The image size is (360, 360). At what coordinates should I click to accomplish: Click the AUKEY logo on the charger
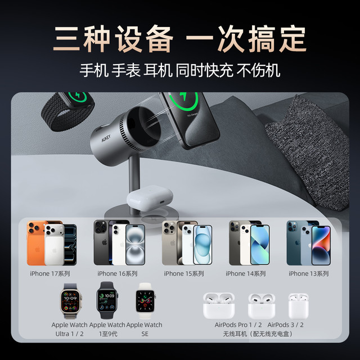tap(106, 138)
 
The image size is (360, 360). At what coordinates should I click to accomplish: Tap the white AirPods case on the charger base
tap(150, 198)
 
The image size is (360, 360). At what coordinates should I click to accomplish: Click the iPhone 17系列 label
tap(50, 273)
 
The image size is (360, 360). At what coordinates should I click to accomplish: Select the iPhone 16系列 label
tap(118, 273)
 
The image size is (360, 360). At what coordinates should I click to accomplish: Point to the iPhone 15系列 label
tap(184, 273)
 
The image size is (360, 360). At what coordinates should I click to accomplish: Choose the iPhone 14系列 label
tap(246, 273)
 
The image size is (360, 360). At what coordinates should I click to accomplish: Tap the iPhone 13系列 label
tap(309, 273)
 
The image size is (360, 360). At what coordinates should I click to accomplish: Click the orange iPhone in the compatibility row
tap(36, 243)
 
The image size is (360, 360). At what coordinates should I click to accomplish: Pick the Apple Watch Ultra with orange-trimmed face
tap(70, 301)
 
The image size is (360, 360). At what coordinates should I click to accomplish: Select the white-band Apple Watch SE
tap(145, 301)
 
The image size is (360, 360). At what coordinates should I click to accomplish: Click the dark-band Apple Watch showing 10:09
tap(107, 300)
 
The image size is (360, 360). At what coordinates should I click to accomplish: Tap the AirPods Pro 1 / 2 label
tap(238, 325)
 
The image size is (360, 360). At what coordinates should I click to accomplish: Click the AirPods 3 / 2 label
tap(285, 325)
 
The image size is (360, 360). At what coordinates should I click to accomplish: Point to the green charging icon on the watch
tap(78, 97)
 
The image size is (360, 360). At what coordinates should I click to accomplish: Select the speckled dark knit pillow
tap(308, 151)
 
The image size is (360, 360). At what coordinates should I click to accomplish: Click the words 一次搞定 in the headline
tap(246, 39)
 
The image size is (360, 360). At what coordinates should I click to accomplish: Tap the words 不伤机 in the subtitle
tap(258, 70)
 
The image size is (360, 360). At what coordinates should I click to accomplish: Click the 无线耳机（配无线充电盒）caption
tap(258, 334)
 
